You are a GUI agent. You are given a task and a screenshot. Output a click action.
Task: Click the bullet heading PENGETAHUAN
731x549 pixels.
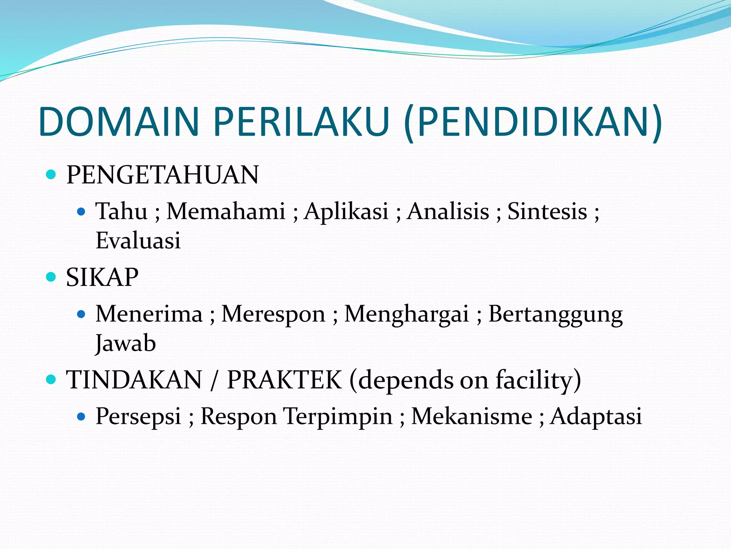(x=162, y=175)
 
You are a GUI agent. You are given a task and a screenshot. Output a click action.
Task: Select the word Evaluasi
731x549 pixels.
(x=138, y=240)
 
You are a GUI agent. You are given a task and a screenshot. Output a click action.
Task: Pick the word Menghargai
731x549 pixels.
(x=406, y=315)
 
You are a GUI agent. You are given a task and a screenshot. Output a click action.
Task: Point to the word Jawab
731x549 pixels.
(x=126, y=343)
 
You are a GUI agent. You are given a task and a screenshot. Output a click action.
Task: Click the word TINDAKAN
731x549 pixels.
(x=134, y=380)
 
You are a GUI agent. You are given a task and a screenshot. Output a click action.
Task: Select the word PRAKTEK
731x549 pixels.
(x=284, y=380)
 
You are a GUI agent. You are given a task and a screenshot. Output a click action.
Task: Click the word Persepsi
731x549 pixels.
(x=138, y=417)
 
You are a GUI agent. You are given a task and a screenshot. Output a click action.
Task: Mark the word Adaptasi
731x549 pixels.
(x=596, y=417)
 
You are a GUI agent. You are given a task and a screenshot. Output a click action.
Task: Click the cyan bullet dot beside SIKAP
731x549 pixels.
(x=51, y=277)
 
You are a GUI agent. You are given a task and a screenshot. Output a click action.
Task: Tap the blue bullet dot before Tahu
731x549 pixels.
(x=81, y=212)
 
